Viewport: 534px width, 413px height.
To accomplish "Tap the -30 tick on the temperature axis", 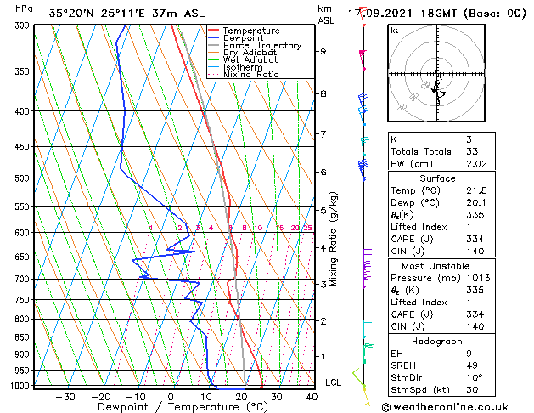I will click(65, 397).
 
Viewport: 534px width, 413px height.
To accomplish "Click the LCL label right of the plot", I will click(334, 382).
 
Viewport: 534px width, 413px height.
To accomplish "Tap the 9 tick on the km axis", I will click(323, 52).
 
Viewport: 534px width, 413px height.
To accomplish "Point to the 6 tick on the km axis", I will click(323, 173).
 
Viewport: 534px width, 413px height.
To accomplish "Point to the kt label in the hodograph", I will click(395, 31).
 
